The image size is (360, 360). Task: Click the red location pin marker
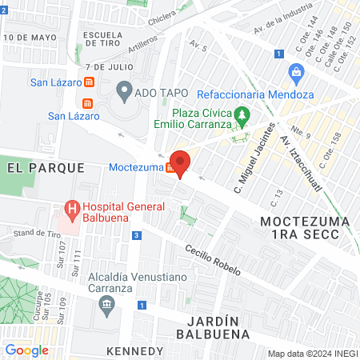coord(180,164)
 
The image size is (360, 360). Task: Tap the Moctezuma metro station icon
coord(170,168)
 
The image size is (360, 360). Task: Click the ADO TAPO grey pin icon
coord(124,91)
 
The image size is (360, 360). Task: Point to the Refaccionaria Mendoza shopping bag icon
coord(297,74)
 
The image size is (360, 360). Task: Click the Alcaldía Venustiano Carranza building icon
coord(106,304)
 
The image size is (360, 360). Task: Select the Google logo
coord(26,350)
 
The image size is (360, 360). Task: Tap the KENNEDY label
coord(134,351)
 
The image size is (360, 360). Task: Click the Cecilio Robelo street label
coord(212,259)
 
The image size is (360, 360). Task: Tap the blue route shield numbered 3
coord(137,235)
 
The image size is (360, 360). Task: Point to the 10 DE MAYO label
coord(30,38)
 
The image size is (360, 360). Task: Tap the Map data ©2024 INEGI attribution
coord(311,354)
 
